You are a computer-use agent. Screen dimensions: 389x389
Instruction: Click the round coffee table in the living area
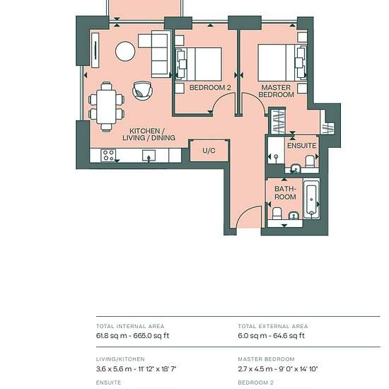(125, 51)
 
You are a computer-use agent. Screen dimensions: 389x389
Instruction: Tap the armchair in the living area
(142, 91)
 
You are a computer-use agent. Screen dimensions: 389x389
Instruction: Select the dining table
(106, 106)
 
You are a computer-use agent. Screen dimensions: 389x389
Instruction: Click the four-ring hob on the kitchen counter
(108, 156)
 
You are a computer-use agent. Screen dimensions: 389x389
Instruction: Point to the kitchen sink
(149, 156)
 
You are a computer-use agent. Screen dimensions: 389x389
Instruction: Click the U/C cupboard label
(209, 151)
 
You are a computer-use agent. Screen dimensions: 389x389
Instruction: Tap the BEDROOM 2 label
(210, 87)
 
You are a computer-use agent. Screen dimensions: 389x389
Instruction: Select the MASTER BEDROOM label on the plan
(276, 91)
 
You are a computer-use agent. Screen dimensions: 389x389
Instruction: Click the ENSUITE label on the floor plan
(302, 146)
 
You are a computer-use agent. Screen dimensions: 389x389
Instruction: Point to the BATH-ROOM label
(285, 193)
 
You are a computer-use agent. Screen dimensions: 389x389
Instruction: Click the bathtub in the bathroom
(311, 199)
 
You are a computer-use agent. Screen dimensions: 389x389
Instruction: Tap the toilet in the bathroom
(277, 214)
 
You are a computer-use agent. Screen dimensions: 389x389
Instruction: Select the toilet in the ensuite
(310, 161)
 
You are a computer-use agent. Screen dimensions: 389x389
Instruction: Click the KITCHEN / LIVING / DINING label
(149, 134)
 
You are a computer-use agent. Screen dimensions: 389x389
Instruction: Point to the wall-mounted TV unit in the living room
(95, 50)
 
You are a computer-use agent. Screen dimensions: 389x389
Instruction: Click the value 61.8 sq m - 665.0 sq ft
(132, 336)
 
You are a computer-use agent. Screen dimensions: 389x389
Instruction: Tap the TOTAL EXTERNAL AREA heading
(273, 326)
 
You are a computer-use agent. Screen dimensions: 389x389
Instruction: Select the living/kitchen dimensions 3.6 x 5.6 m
(113, 369)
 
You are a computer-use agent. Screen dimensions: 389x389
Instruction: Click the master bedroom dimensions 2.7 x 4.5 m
(255, 369)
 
